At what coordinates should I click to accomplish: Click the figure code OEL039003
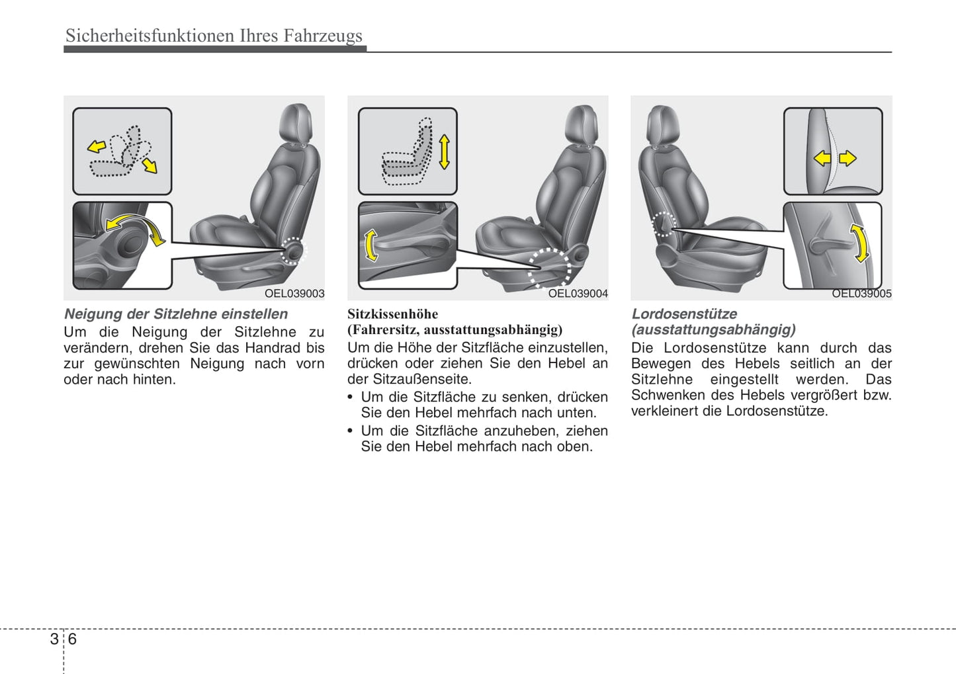[294, 294]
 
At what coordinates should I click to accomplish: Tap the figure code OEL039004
[578, 294]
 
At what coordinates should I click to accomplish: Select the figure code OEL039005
[861, 294]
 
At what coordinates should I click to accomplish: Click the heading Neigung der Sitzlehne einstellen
[176, 314]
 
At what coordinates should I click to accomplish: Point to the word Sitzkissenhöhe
[392, 314]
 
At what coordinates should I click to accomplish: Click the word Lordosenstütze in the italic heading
[684, 314]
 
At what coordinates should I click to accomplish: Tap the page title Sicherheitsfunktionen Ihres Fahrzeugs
[214, 35]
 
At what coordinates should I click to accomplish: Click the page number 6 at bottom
[72, 639]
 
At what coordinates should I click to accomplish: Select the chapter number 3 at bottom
[54, 639]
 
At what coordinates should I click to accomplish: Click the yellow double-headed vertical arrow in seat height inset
[445, 152]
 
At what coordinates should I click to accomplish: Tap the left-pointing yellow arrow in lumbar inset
[822, 159]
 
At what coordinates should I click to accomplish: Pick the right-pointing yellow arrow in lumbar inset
[847, 159]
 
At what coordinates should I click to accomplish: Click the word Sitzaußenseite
[422, 379]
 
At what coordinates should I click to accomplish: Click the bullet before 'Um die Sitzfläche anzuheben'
[351, 431]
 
